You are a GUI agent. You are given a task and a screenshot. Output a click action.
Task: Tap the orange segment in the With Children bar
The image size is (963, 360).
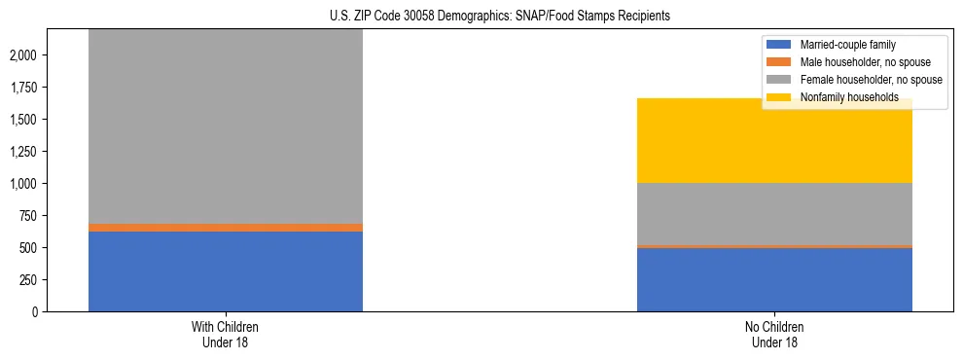coord(225,228)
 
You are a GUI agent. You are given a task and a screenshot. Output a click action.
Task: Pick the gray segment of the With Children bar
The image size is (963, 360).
coord(225,126)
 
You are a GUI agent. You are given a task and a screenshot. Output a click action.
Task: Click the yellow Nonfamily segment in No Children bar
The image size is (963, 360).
coord(774,141)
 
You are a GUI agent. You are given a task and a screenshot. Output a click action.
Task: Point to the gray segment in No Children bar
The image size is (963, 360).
coord(774,214)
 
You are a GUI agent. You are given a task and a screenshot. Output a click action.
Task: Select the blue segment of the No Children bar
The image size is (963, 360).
coord(774,279)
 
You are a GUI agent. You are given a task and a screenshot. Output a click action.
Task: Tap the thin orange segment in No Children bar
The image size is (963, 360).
coord(774,247)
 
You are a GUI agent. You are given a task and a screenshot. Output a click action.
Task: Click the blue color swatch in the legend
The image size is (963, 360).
coord(779,45)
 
